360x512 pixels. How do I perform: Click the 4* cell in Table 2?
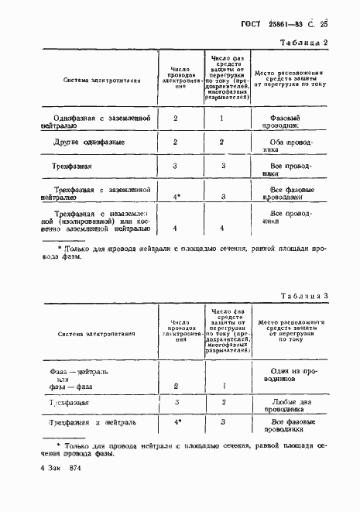point(177,198)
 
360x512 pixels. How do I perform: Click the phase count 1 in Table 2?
point(221,119)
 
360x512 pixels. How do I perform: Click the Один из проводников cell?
point(290,376)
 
